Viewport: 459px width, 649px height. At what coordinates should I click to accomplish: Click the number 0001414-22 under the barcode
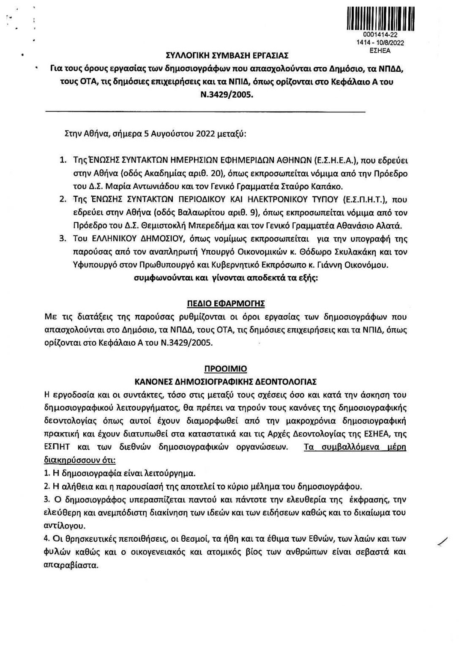380,36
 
